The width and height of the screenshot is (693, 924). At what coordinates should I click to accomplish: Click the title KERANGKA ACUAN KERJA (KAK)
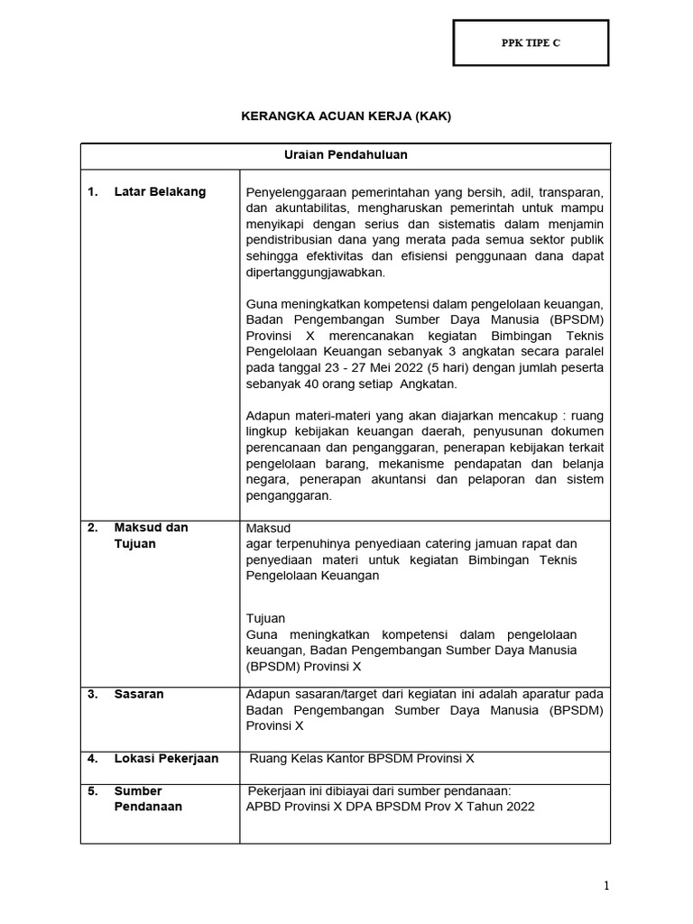click(346, 116)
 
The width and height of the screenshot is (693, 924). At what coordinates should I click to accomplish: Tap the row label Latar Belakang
click(160, 191)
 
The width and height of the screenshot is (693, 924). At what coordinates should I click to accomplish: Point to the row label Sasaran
click(139, 694)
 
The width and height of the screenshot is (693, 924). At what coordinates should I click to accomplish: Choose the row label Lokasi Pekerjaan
click(166, 758)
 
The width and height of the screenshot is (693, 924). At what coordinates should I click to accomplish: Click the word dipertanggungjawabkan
click(315, 273)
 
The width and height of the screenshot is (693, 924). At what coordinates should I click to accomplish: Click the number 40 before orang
click(310, 383)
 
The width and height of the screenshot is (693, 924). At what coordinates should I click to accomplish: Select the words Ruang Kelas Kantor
click(300, 758)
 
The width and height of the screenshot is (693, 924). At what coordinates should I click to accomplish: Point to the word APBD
click(263, 807)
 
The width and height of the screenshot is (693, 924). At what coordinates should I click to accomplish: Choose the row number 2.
click(91, 527)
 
